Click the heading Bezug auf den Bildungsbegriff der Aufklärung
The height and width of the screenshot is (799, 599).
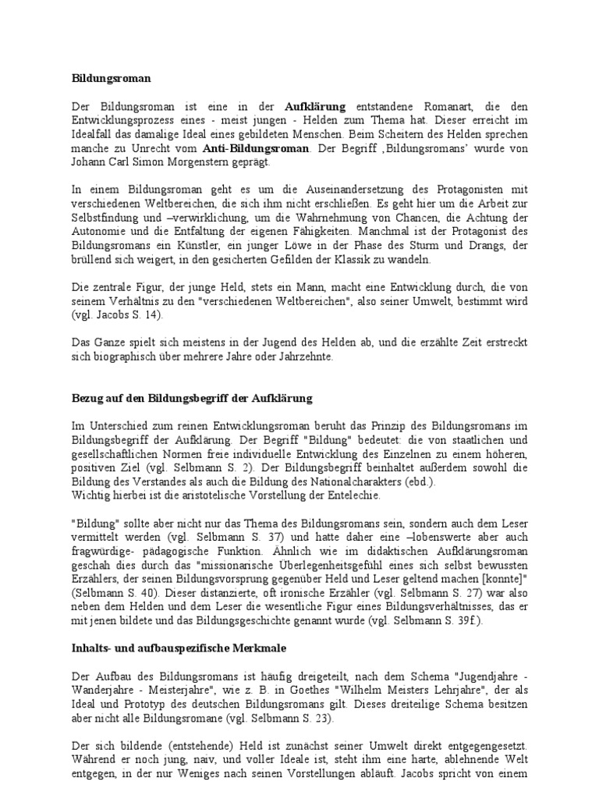(x=187, y=399)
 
